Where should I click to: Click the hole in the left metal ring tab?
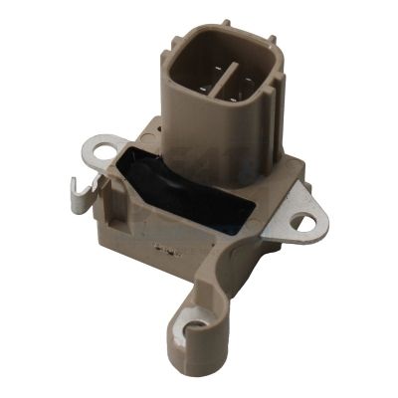pyautogui.click(x=98, y=149)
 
